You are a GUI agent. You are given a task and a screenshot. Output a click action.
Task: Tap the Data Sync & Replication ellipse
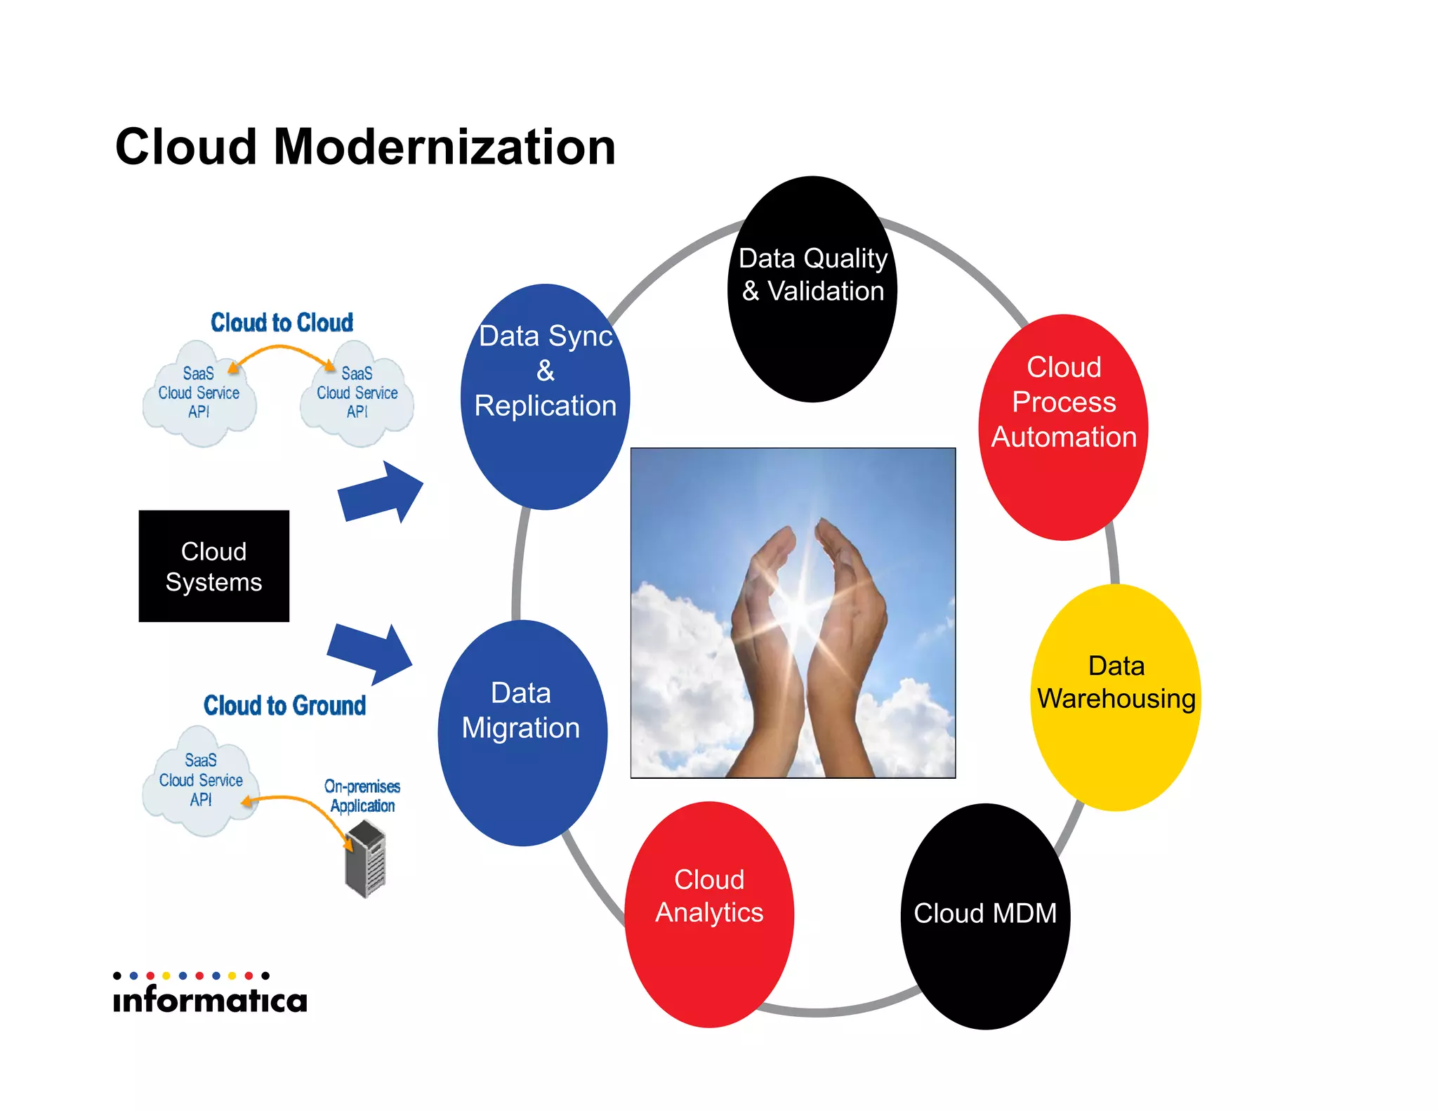click(545, 397)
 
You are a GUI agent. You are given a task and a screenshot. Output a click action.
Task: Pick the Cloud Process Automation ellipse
click(1063, 427)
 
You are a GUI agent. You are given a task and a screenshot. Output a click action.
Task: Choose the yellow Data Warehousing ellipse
click(1115, 697)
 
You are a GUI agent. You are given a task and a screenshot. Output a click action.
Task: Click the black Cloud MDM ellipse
click(985, 916)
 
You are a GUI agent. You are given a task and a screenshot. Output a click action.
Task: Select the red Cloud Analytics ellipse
click(709, 914)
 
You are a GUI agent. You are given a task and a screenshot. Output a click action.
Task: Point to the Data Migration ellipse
click(522, 732)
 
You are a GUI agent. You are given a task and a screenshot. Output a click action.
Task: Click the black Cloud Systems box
click(213, 566)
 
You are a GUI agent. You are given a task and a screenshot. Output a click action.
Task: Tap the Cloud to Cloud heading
click(282, 322)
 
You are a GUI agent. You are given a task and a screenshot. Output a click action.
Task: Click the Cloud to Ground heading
click(284, 705)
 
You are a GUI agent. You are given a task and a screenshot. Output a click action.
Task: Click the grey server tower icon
click(366, 860)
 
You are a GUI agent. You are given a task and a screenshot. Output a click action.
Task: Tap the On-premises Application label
click(362, 796)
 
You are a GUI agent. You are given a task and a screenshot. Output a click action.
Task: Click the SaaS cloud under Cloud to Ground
click(200, 781)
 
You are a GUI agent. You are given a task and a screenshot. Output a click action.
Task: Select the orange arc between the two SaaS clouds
click(281, 348)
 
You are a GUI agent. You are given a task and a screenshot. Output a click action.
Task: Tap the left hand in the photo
click(762, 632)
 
